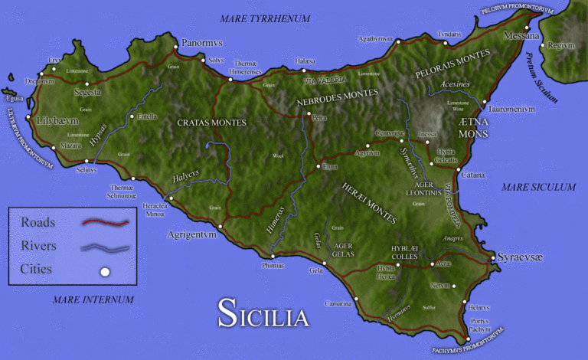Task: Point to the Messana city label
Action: (x=521, y=36)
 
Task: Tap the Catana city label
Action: (x=472, y=175)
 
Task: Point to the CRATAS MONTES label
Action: (x=211, y=123)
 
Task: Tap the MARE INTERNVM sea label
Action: (x=93, y=299)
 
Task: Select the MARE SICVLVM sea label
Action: (x=537, y=187)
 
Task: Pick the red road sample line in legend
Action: (x=106, y=223)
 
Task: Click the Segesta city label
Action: (x=87, y=92)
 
